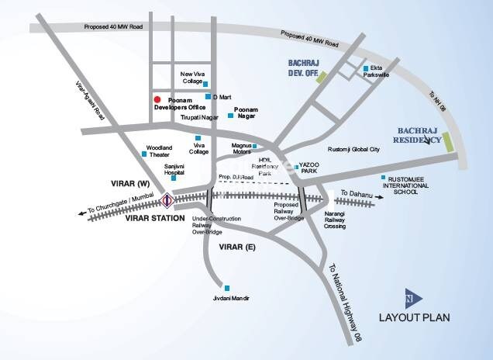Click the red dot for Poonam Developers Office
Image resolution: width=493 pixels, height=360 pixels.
click(x=157, y=100)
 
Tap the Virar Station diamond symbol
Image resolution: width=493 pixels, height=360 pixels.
click(x=167, y=201)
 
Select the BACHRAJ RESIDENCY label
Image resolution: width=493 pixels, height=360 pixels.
click(x=419, y=136)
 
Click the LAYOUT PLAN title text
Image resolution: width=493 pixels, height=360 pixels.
click(x=415, y=317)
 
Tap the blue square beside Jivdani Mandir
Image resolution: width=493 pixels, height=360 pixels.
click(x=226, y=287)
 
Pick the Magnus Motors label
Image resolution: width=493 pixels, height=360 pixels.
click(x=246, y=148)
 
